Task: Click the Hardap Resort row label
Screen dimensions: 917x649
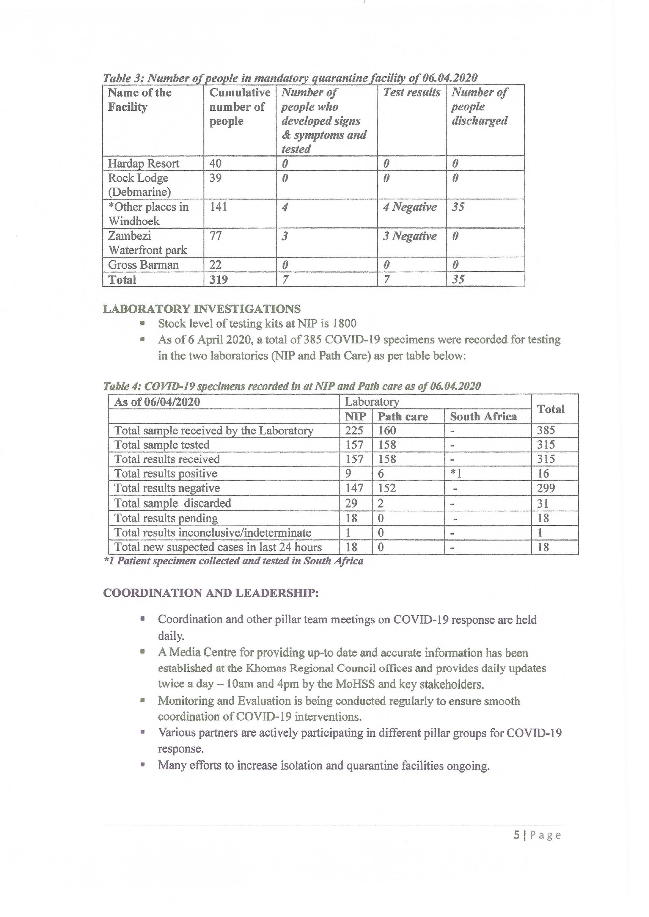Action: [x=143, y=163]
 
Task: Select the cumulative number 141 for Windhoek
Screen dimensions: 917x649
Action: [x=218, y=206]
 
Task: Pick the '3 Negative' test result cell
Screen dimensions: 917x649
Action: [x=410, y=236]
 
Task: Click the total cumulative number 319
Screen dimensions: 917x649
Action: [x=219, y=280]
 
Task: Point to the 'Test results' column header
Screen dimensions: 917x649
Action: [x=412, y=93]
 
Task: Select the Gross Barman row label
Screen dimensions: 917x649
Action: [x=143, y=265]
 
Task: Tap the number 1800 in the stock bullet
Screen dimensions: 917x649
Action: [x=344, y=323]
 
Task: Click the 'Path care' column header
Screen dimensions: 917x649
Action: [x=403, y=417]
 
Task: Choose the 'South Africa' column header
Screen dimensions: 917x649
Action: [x=483, y=417]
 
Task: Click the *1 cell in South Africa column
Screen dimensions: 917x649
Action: [x=456, y=473]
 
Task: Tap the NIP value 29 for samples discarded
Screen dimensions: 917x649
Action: [x=351, y=503]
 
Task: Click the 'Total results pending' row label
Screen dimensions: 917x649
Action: [x=166, y=518]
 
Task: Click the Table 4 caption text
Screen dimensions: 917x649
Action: [x=292, y=386]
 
